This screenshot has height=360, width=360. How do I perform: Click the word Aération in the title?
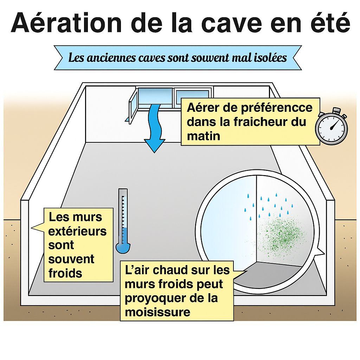66,23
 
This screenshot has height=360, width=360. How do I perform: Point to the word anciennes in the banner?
111,58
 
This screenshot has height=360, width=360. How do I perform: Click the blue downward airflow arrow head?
155,146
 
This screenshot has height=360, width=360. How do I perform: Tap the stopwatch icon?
331,126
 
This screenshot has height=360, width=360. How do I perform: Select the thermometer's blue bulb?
123,248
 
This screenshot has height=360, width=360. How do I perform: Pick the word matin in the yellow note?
204,136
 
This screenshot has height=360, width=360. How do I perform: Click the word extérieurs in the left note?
77,231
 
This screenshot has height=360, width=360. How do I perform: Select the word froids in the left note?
65,273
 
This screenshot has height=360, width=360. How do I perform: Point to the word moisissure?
157,312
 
